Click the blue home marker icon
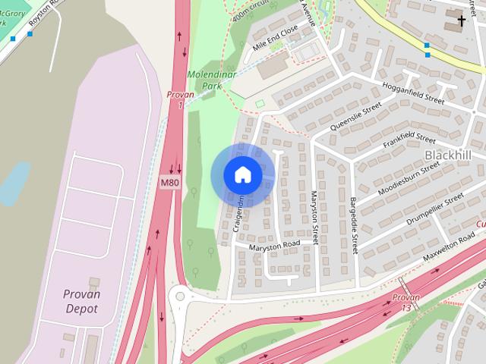(x=242, y=175)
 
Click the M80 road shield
(x=169, y=183)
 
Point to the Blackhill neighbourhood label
(x=447, y=155)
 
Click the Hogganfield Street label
(x=413, y=93)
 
